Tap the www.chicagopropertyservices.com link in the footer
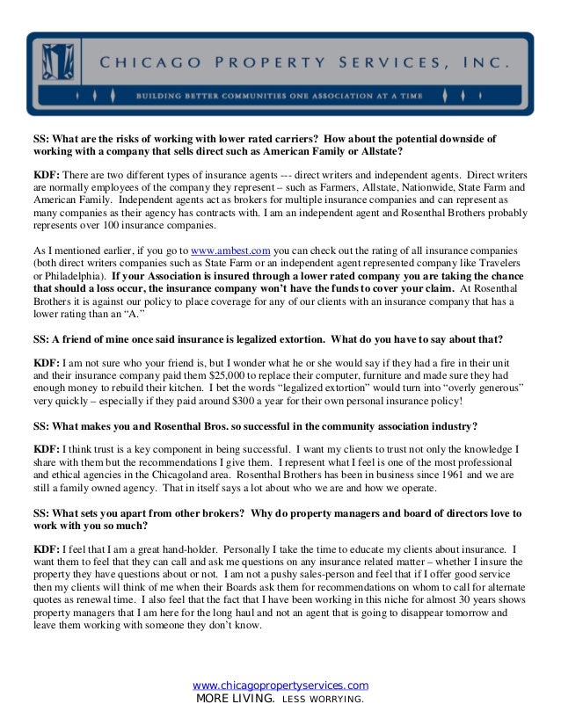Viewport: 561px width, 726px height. click(x=280, y=686)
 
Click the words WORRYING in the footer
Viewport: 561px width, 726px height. click(x=334, y=701)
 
